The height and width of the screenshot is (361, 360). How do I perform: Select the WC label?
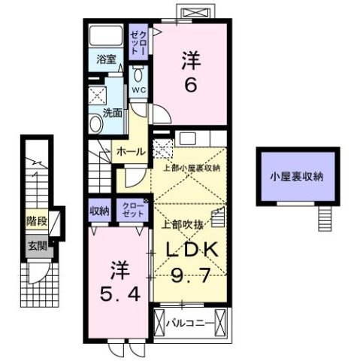click(139, 89)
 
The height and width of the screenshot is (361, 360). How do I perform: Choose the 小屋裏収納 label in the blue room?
click(297, 177)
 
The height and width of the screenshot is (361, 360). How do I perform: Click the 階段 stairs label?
click(36, 222)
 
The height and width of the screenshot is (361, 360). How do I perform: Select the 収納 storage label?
click(98, 211)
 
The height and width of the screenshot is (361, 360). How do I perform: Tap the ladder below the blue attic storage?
click(324, 219)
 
